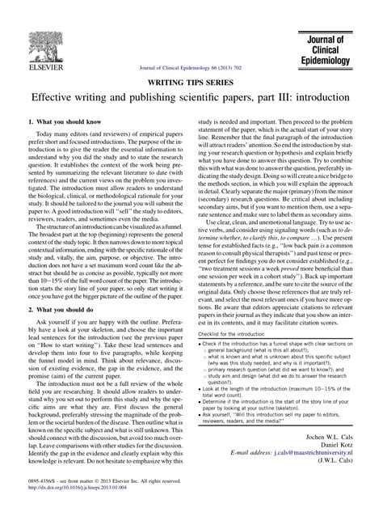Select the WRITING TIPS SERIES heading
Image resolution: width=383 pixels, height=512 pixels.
pos(191,83)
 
